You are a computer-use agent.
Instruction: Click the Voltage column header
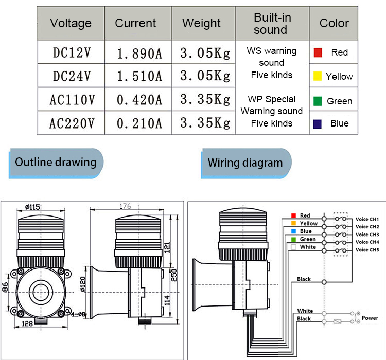[71, 23]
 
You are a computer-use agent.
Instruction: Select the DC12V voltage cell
[72, 52]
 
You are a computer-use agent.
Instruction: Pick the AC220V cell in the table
[72, 123]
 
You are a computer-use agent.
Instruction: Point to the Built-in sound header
[272, 23]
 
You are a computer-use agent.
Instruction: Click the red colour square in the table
[318, 52]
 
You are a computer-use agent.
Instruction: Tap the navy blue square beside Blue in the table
[318, 123]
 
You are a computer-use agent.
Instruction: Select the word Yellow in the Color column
[339, 77]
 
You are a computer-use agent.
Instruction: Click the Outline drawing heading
[56, 163]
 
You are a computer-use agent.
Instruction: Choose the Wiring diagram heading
[245, 163]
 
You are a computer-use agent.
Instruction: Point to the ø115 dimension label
[32, 207]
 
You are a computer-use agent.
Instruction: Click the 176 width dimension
[125, 206]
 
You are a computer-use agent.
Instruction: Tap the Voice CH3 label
[367, 235]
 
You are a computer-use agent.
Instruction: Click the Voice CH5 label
[367, 250]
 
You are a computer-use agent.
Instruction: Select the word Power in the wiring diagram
[370, 318]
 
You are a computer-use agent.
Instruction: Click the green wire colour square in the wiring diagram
[292, 239]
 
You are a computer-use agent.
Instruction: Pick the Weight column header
[201, 23]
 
